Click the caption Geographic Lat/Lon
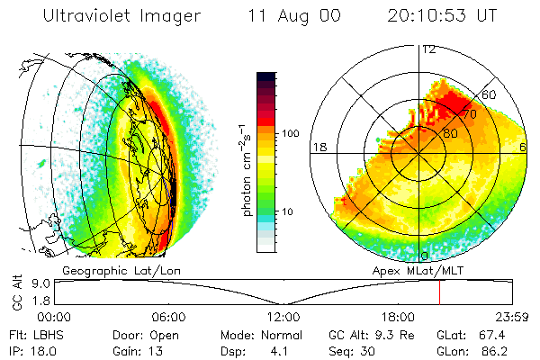pos(106,269)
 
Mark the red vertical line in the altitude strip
pos(439,292)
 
